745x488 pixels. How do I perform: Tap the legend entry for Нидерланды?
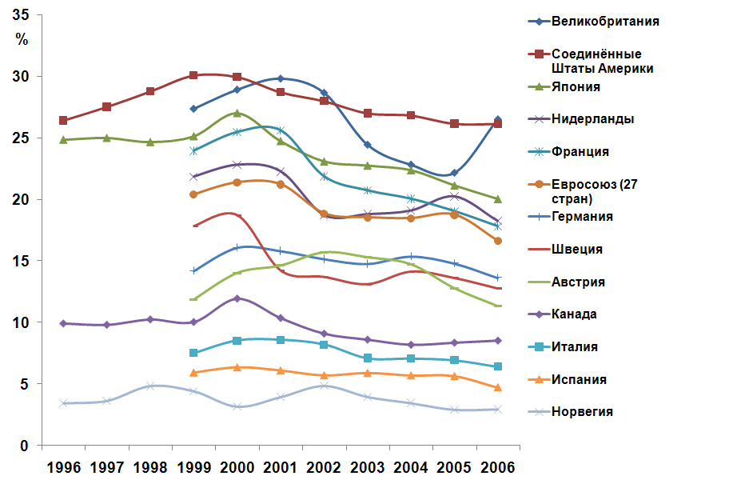coord(593,119)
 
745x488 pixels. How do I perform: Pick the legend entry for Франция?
coord(580,151)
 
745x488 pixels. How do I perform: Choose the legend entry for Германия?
coord(583,217)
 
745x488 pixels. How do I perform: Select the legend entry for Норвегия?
coord(582,412)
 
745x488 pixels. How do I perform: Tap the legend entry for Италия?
coord(575,347)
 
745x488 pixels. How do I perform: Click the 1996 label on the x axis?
coord(63,467)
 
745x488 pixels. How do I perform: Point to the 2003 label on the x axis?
coord(367,467)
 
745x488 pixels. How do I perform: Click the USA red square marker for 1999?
coord(193,75)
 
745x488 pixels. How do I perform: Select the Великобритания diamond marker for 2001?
coord(280,78)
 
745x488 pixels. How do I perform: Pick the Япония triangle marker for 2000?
coord(237,113)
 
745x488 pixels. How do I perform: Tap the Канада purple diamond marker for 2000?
coord(237,298)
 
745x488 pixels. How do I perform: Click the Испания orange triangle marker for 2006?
coord(497,387)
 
